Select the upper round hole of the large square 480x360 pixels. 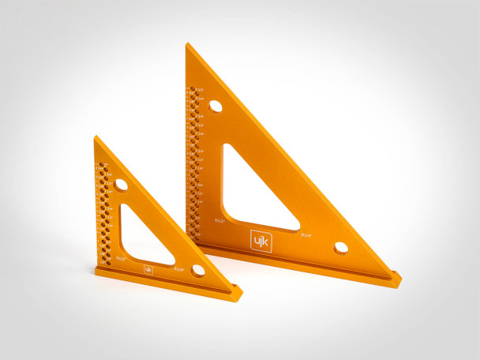[216, 106]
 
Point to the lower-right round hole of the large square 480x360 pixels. [340, 247]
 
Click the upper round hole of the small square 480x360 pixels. [121, 184]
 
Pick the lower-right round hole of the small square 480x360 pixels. [197, 270]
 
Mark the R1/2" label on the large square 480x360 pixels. [220, 222]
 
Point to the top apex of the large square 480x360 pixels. [187, 44]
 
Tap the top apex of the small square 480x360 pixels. [95, 137]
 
